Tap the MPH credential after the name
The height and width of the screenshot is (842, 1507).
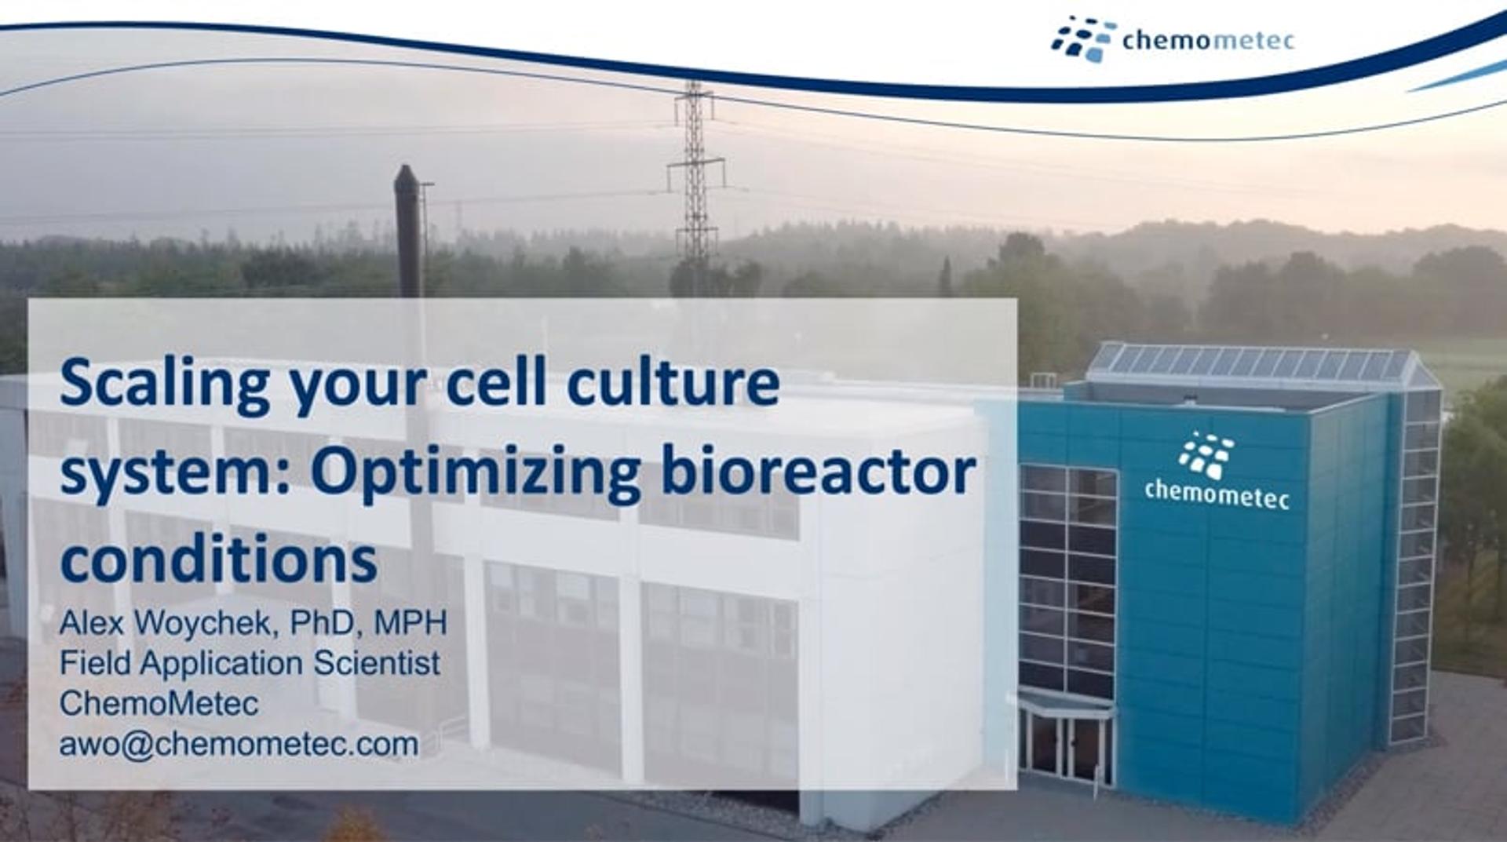coord(411,623)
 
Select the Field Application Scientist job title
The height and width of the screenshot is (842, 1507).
coord(250,663)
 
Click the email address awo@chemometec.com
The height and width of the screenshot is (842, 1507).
coord(239,744)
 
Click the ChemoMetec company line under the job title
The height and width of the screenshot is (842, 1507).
coord(159,703)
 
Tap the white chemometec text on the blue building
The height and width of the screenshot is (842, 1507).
coord(1216,494)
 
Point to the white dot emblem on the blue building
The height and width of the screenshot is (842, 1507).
coord(1206,454)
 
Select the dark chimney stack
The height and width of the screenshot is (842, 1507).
coord(408,228)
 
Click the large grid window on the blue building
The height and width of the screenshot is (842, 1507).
coord(1067,581)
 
